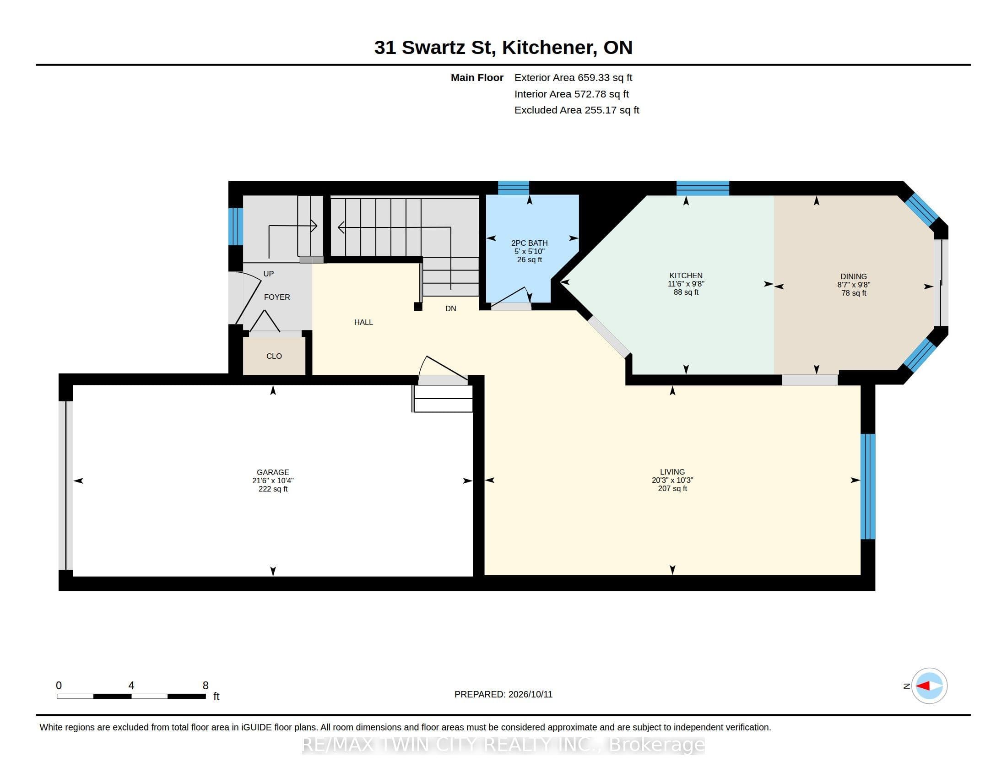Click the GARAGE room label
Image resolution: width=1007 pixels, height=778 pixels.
[x=273, y=472]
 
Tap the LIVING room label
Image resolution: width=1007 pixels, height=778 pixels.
[x=672, y=472]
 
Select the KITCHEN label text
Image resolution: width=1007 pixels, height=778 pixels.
[x=686, y=276]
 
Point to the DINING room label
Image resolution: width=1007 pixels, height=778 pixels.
[x=854, y=276]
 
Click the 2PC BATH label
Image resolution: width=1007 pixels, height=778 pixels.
[x=529, y=243]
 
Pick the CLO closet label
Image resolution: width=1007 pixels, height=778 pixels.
[x=274, y=356]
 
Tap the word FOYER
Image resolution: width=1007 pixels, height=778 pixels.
[x=276, y=297]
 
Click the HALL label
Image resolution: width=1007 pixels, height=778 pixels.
[x=363, y=322]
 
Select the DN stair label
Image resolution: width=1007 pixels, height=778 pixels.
[x=450, y=308]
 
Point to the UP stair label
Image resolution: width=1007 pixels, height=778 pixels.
[x=268, y=274]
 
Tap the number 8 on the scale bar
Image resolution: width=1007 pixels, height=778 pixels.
[x=206, y=686]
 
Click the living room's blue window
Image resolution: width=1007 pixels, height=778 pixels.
[x=868, y=486]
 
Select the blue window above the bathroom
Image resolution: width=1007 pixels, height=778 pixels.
[x=513, y=188]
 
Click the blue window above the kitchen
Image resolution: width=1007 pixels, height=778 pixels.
[x=703, y=188]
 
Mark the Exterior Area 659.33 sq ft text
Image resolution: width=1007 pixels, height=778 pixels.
[x=573, y=78]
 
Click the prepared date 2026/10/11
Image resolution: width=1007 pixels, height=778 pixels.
[x=530, y=694]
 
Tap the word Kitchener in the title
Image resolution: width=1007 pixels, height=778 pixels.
[x=548, y=48]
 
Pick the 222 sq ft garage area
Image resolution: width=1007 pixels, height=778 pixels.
[x=273, y=489]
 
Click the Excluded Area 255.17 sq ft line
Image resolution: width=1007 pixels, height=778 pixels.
[x=577, y=110]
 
